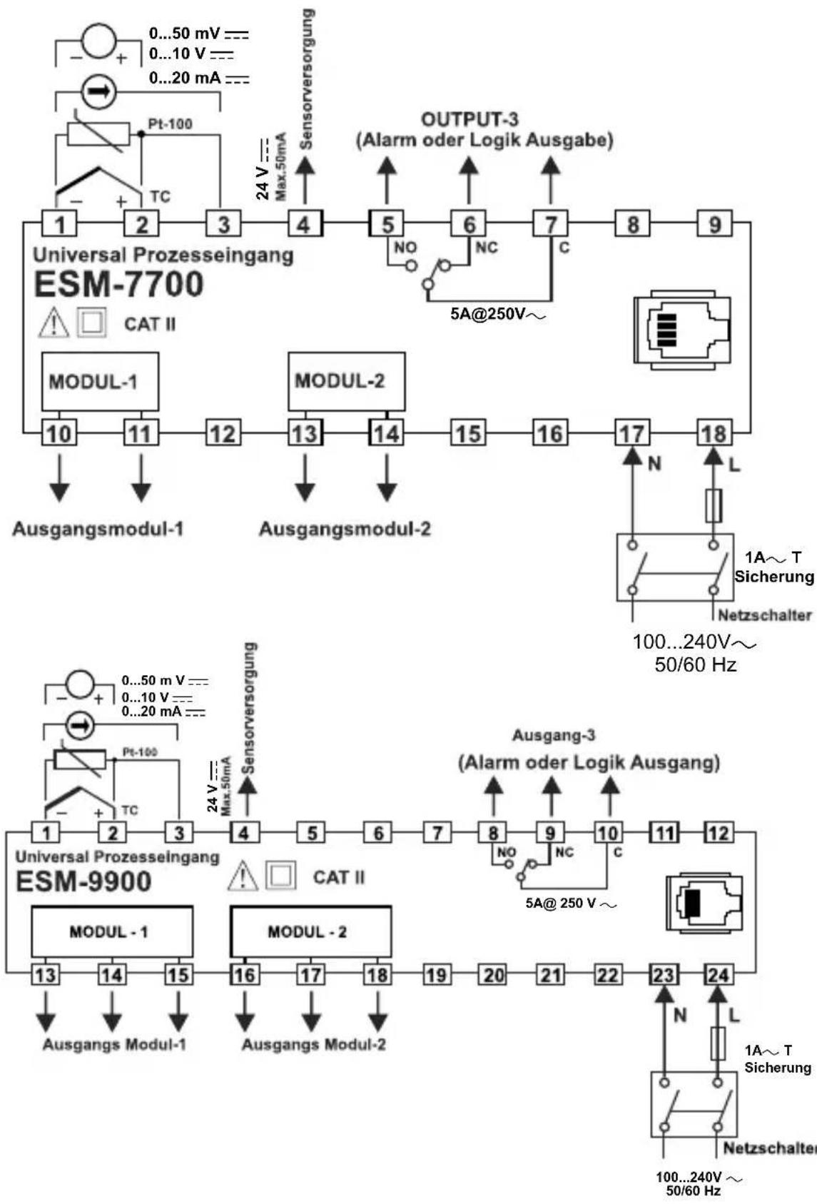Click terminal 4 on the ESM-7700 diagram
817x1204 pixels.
(305, 224)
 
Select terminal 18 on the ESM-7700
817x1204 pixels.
(714, 433)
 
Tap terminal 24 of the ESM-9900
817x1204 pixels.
(719, 974)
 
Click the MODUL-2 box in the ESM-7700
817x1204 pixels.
(346, 380)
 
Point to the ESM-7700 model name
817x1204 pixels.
(118, 284)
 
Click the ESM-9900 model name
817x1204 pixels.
(83, 881)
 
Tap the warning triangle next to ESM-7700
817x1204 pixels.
(53, 324)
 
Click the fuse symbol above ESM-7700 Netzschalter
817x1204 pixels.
(714, 505)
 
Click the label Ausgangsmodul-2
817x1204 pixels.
(345, 530)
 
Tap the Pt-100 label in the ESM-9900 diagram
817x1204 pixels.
(139, 752)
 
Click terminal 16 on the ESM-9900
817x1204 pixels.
(245, 974)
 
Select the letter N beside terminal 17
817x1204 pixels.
(654, 465)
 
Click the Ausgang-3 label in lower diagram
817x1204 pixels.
(554, 735)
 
